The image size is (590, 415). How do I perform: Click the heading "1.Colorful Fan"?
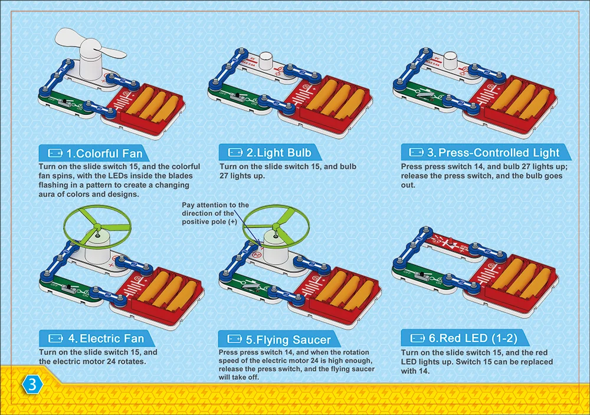(104, 153)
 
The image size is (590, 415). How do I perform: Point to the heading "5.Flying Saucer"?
(288, 340)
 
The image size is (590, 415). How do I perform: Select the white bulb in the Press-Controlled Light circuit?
(451, 60)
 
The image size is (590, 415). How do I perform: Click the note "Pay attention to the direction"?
(215, 213)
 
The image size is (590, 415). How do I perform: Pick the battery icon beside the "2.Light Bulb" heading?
(235, 153)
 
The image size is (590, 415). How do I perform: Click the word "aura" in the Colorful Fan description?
(49, 194)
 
